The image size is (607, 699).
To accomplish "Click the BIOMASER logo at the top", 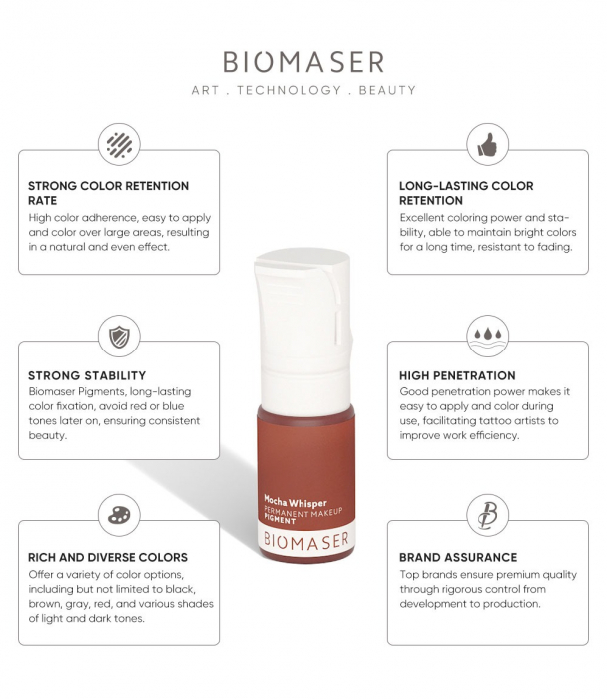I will coord(303,62).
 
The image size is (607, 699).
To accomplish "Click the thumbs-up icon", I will coord(487,146).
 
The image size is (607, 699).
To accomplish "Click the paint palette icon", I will coord(119,515).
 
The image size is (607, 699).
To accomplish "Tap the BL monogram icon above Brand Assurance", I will coord(487,515).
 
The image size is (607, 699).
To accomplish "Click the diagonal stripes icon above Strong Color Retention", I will coord(119,144).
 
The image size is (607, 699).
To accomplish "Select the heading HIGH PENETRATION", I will coord(457,376).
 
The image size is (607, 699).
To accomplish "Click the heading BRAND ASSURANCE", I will coord(458,557).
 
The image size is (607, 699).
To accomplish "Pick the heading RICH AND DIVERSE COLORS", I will coord(108,557).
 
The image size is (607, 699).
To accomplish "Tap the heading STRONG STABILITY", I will coord(87,376).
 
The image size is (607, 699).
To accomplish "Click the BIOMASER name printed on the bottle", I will coord(305,540).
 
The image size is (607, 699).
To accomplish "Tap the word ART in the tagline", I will coord(207,90).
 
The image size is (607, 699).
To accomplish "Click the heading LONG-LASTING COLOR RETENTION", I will coord(466,193).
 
